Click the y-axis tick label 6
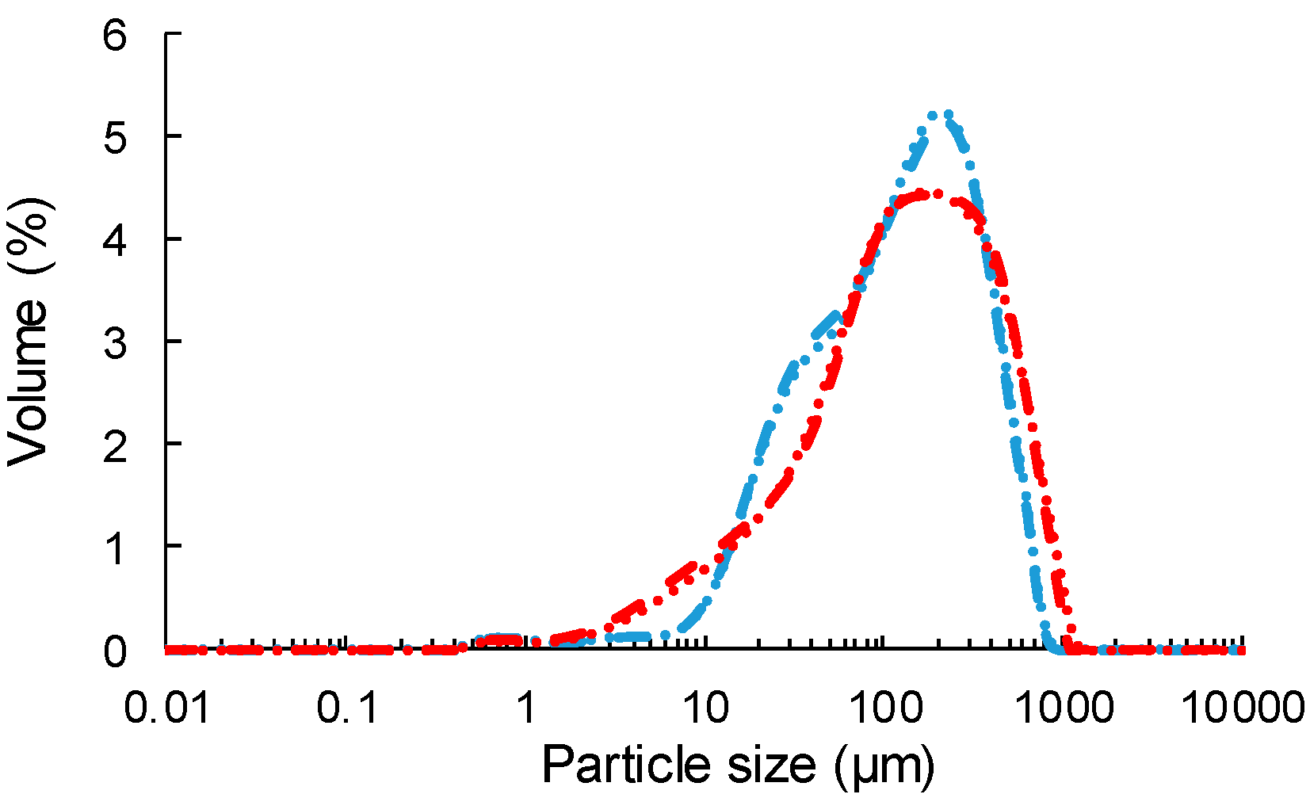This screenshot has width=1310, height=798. pos(115,36)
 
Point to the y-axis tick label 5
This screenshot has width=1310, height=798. pos(115,138)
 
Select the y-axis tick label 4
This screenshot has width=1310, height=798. pos(115,241)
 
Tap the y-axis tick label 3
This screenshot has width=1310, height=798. pos(115,343)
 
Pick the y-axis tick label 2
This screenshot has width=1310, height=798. pos(115,446)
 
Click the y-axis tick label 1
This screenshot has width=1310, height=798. pos(115,548)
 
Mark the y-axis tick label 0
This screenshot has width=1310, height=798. pos(115,651)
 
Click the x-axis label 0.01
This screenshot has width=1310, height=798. pos(167,706)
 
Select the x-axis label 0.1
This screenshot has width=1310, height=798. pos(348,706)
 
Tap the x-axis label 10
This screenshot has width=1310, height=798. pos(705,706)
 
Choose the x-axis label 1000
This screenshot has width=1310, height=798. pos(1064,706)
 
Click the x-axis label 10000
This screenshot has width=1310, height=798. pos(1242,706)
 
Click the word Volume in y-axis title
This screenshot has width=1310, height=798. pos(29,382)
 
